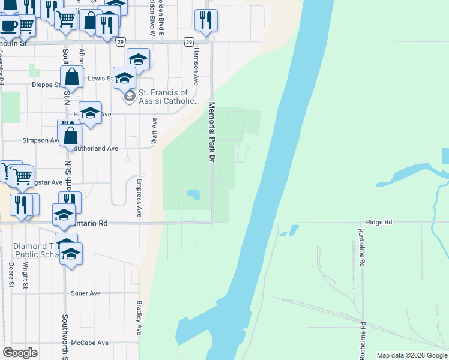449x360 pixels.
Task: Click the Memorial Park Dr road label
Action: [x=211, y=131]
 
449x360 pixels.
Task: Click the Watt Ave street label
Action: [x=154, y=130]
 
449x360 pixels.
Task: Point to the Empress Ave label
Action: [x=139, y=197]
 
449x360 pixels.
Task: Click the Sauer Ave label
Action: [x=86, y=293]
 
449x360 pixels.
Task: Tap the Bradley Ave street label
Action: [x=139, y=318]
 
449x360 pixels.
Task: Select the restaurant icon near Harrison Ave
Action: [x=206, y=20]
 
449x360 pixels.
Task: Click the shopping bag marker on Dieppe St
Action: [x=71, y=77]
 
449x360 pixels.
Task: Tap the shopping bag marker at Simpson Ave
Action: [x=71, y=135]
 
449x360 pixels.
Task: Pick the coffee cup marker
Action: [x=8, y=26]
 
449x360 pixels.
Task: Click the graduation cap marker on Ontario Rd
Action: [x=64, y=215]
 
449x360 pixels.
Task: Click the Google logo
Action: [x=20, y=353]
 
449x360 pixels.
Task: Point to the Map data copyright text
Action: [x=412, y=355]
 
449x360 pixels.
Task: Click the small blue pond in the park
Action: [x=193, y=195]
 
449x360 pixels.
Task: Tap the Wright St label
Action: [x=26, y=277]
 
